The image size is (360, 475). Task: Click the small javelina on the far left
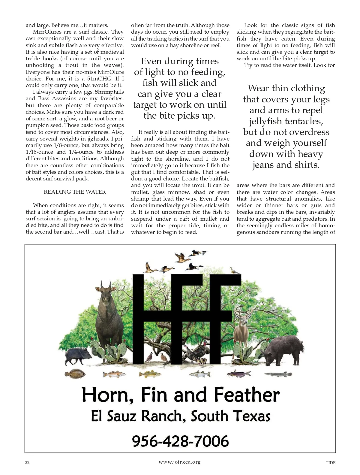[76, 356]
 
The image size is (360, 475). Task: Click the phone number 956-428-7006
[180, 441]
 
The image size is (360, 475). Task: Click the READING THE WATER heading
[75, 192]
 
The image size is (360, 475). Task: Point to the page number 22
[27, 463]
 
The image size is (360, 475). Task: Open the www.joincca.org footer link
[179, 462]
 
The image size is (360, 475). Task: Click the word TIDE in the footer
[330, 463]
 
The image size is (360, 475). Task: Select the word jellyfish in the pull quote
[265, 122]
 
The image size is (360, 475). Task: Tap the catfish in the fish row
[239, 374]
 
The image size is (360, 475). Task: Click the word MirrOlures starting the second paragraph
[46, 32]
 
